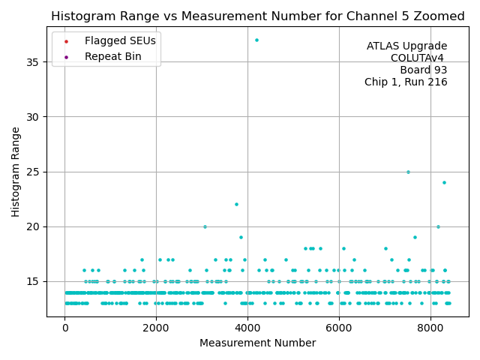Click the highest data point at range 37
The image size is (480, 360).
pos(256,40)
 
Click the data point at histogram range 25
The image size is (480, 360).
pos(408,172)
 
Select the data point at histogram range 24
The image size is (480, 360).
pos(444,182)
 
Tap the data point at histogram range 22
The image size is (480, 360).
pos(236,204)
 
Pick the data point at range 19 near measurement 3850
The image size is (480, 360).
pos(241,237)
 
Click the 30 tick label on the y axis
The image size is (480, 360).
pos(34,117)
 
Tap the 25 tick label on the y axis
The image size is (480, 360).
pos(34,172)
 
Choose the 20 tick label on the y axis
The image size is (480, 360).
pos(34,226)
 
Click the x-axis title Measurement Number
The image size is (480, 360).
pos(257,343)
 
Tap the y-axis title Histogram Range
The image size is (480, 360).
pos(16,171)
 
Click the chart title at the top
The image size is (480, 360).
pos(257,16)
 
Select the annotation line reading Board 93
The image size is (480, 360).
pos(424,70)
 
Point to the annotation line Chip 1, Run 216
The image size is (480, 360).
pos(406,82)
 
